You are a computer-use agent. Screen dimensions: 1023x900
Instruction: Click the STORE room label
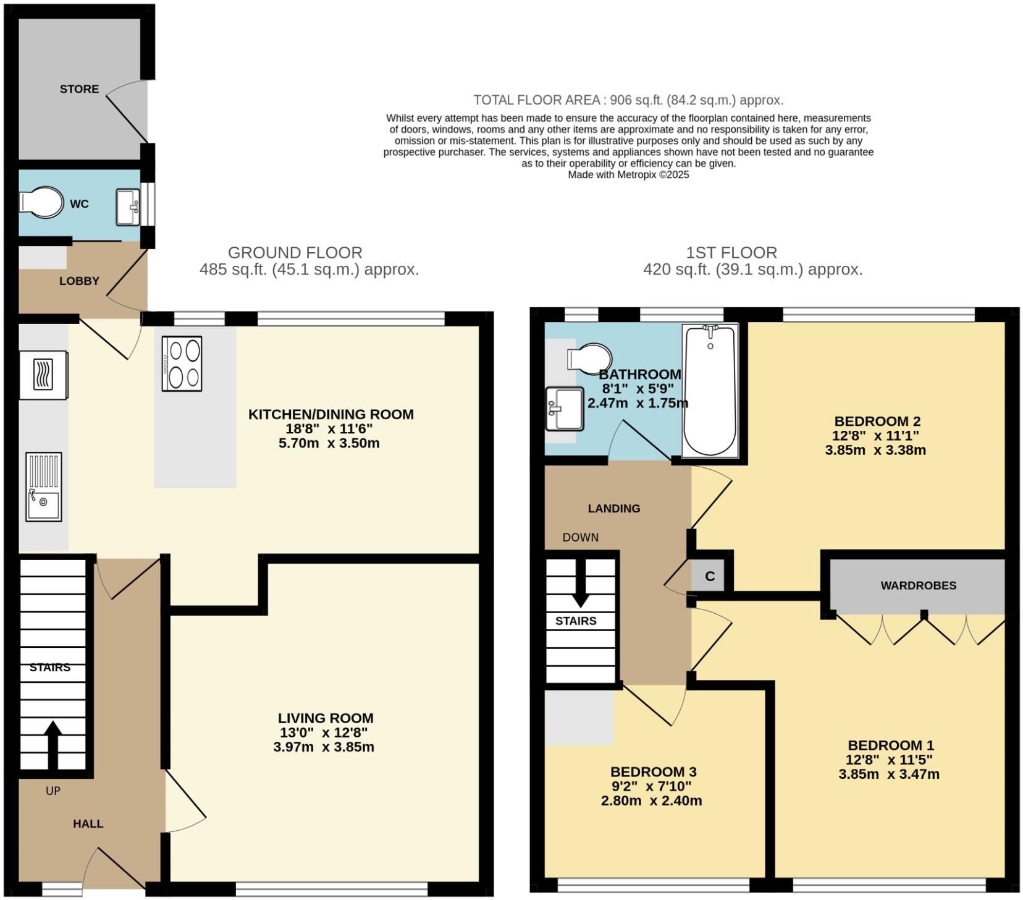point(79,89)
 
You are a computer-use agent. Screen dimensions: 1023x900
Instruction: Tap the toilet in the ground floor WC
point(41,202)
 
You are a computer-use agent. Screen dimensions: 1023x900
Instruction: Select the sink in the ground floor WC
point(128,207)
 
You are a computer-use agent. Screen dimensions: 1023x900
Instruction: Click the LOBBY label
point(79,281)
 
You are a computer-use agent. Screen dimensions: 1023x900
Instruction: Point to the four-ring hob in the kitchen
point(182,363)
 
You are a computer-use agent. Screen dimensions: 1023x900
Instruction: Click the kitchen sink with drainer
point(44,486)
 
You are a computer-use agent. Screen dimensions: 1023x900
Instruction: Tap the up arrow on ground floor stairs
point(53,745)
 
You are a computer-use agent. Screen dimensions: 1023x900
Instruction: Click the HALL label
point(88,823)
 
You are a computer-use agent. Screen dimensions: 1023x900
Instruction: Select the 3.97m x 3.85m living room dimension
point(324,747)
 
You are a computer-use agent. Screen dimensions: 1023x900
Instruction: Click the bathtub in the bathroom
point(710,391)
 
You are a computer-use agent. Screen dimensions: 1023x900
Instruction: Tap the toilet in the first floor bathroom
point(589,358)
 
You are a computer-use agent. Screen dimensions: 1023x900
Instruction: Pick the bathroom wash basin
point(565,409)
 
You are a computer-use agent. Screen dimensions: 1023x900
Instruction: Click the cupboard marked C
point(710,576)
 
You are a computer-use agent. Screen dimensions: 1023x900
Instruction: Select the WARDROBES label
point(919,585)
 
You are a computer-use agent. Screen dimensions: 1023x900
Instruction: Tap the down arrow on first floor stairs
point(580,584)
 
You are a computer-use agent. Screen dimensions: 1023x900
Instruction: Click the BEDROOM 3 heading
point(654,771)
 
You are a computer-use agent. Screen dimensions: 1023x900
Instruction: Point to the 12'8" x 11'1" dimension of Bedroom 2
point(875,435)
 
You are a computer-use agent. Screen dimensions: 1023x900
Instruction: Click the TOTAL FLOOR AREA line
point(628,100)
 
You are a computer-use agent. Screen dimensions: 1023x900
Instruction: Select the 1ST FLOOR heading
point(731,252)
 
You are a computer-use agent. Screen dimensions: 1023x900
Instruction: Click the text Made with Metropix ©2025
point(628,175)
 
